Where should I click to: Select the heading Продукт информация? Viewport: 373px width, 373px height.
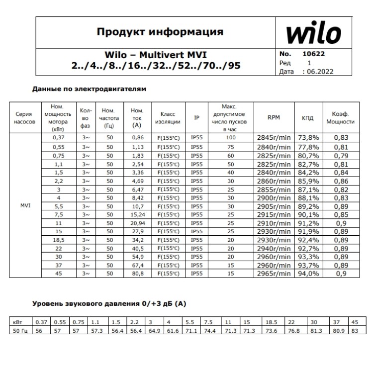(160, 32)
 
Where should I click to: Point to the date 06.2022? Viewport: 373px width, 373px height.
(320, 71)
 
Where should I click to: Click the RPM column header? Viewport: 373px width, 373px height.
(274, 118)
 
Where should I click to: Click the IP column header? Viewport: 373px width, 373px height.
(197, 118)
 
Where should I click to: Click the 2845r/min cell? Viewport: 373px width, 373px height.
(274, 138)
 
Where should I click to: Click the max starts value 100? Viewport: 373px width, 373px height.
(230, 138)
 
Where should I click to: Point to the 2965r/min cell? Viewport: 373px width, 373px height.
(274, 273)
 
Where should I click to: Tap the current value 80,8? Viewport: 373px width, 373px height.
(137, 273)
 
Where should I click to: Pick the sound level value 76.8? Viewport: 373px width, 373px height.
(295, 330)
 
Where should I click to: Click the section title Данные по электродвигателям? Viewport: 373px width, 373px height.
(89, 89)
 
